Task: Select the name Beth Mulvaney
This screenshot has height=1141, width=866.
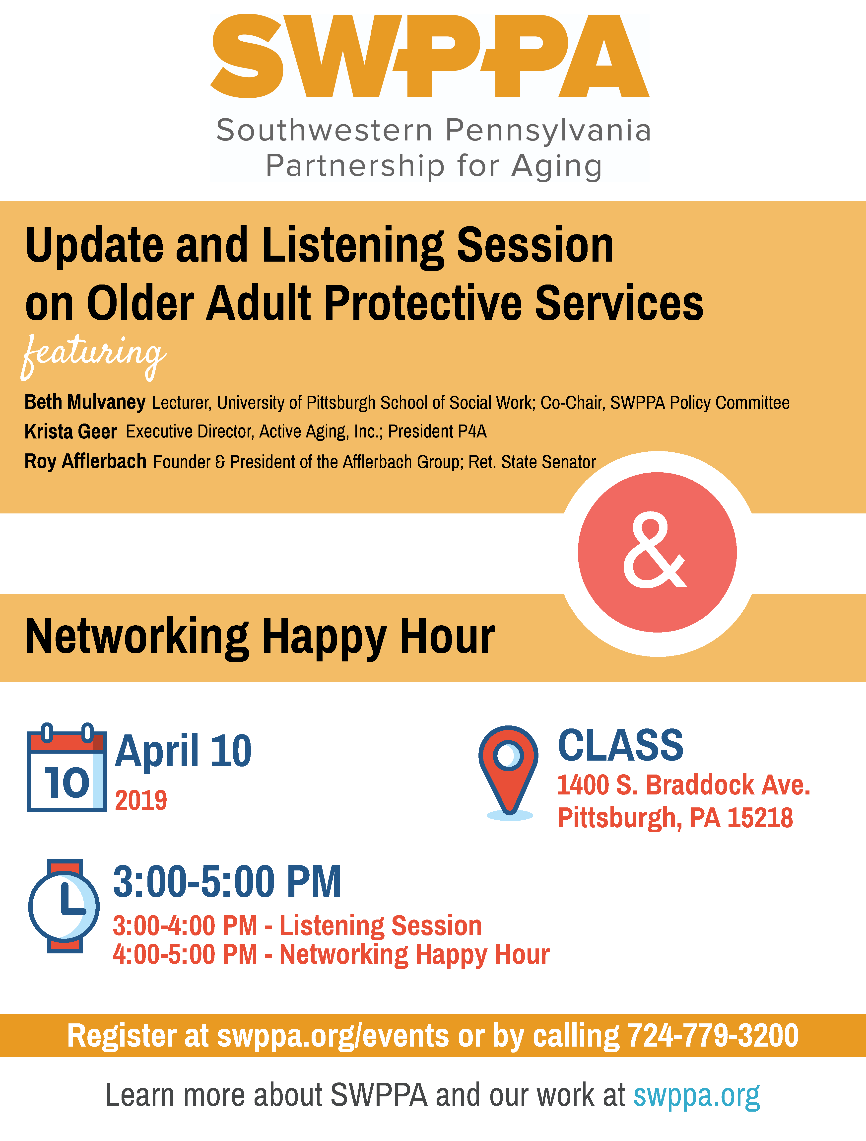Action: click(x=85, y=402)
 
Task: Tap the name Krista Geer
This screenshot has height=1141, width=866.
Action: click(x=71, y=431)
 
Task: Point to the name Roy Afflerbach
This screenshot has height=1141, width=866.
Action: click(x=86, y=461)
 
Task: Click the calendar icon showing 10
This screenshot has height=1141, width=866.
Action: click(x=67, y=767)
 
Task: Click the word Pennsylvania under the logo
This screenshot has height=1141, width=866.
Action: click(x=548, y=131)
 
